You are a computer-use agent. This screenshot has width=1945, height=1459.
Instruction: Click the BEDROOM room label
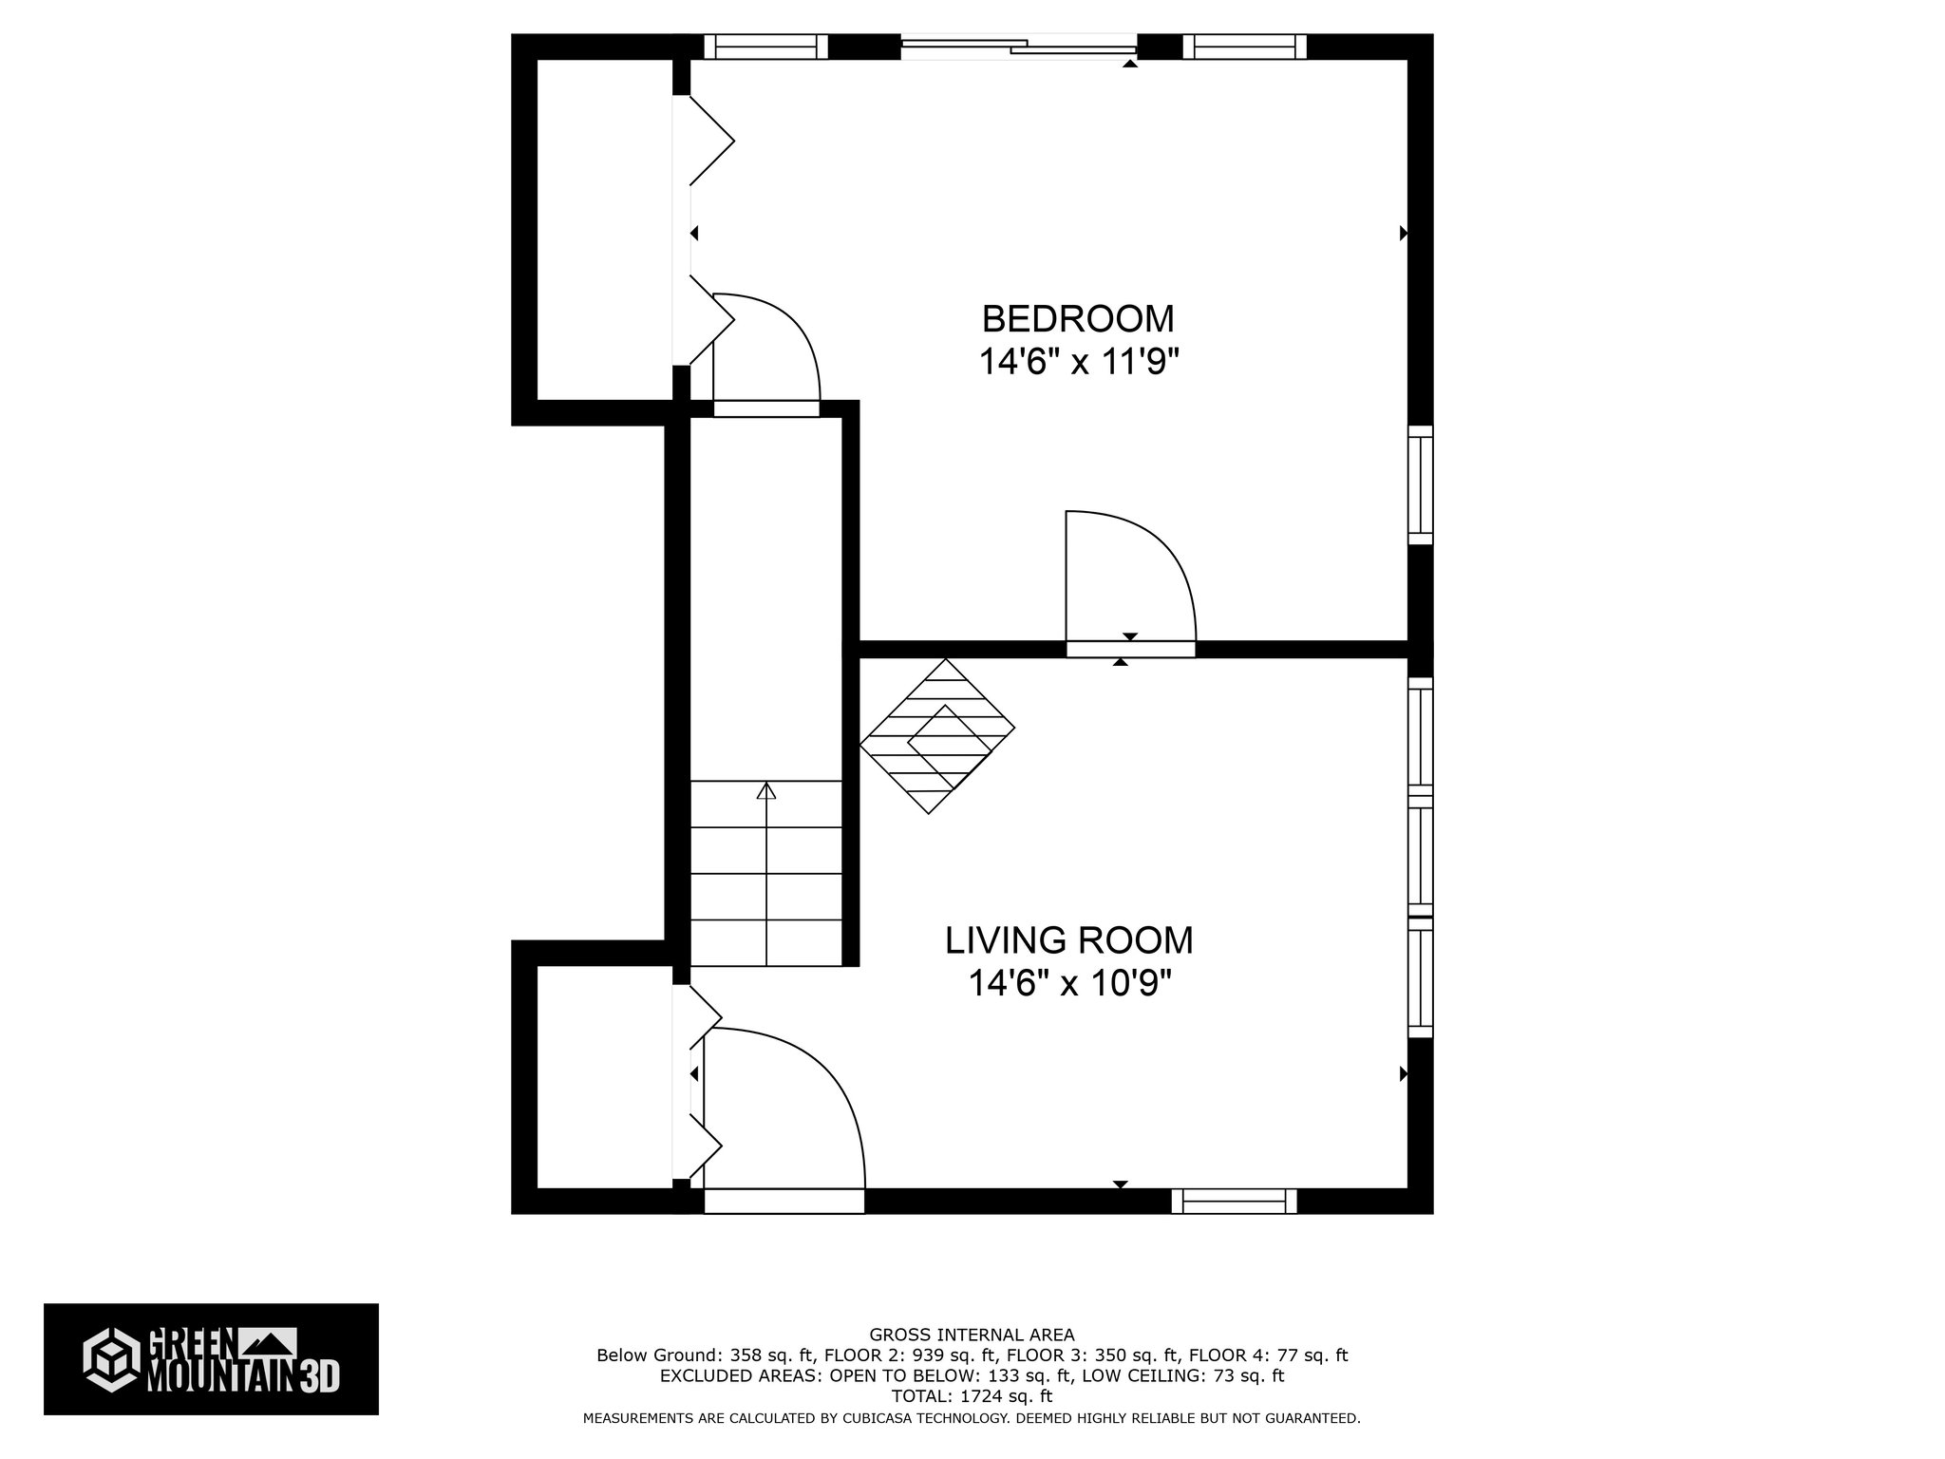click(x=1077, y=318)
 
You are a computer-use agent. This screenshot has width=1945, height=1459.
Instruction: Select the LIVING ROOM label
click(x=1068, y=940)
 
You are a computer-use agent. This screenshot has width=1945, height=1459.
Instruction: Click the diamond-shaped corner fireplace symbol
click(x=936, y=736)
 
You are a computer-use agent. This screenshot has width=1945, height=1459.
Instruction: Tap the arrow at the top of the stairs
click(x=765, y=791)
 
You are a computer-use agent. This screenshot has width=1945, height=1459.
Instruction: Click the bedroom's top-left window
click(x=765, y=47)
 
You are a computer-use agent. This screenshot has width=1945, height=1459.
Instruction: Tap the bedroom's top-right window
click(x=1244, y=47)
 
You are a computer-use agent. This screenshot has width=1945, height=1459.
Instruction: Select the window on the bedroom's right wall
click(x=1419, y=484)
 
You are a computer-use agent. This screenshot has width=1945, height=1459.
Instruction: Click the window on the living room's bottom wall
click(x=1234, y=1202)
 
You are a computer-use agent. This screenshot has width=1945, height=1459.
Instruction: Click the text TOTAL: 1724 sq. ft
click(x=972, y=1396)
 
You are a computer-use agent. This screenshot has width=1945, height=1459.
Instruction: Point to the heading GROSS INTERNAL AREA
click(x=972, y=1335)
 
